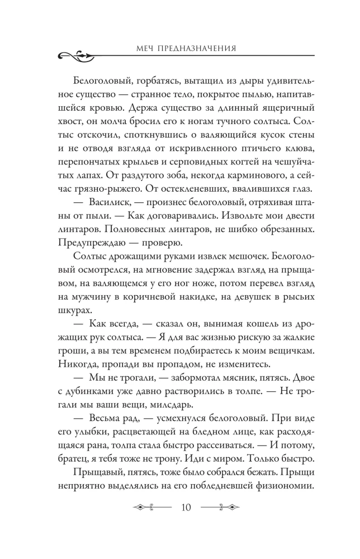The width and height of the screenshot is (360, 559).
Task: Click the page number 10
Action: point(186,523)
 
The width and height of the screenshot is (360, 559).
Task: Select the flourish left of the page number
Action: point(153,523)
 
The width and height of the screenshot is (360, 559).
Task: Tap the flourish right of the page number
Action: point(220,523)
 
